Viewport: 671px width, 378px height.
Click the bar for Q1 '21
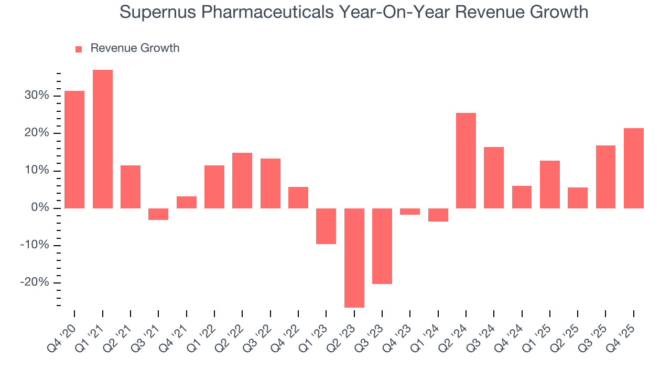[x=102, y=139]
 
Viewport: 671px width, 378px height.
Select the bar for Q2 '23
[x=354, y=258]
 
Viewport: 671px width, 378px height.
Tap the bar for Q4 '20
[x=74, y=150]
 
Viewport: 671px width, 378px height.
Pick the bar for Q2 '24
[x=466, y=161]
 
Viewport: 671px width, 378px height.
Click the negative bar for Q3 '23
[x=382, y=246]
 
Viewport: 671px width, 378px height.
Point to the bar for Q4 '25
[x=633, y=168]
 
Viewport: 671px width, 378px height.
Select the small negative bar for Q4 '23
[x=410, y=212]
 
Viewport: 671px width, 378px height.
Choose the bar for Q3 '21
[x=158, y=214]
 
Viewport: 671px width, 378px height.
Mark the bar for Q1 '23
[x=326, y=226]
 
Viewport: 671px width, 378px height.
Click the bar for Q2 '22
[x=242, y=181]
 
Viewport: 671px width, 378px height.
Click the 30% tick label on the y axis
[x=36, y=96]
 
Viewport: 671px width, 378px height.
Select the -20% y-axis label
[x=35, y=283]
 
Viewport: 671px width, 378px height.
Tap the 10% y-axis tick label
[x=36, y=171]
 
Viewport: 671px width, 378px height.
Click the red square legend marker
[x=79, y=49]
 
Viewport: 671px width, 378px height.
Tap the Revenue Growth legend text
[x=135, y=48]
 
